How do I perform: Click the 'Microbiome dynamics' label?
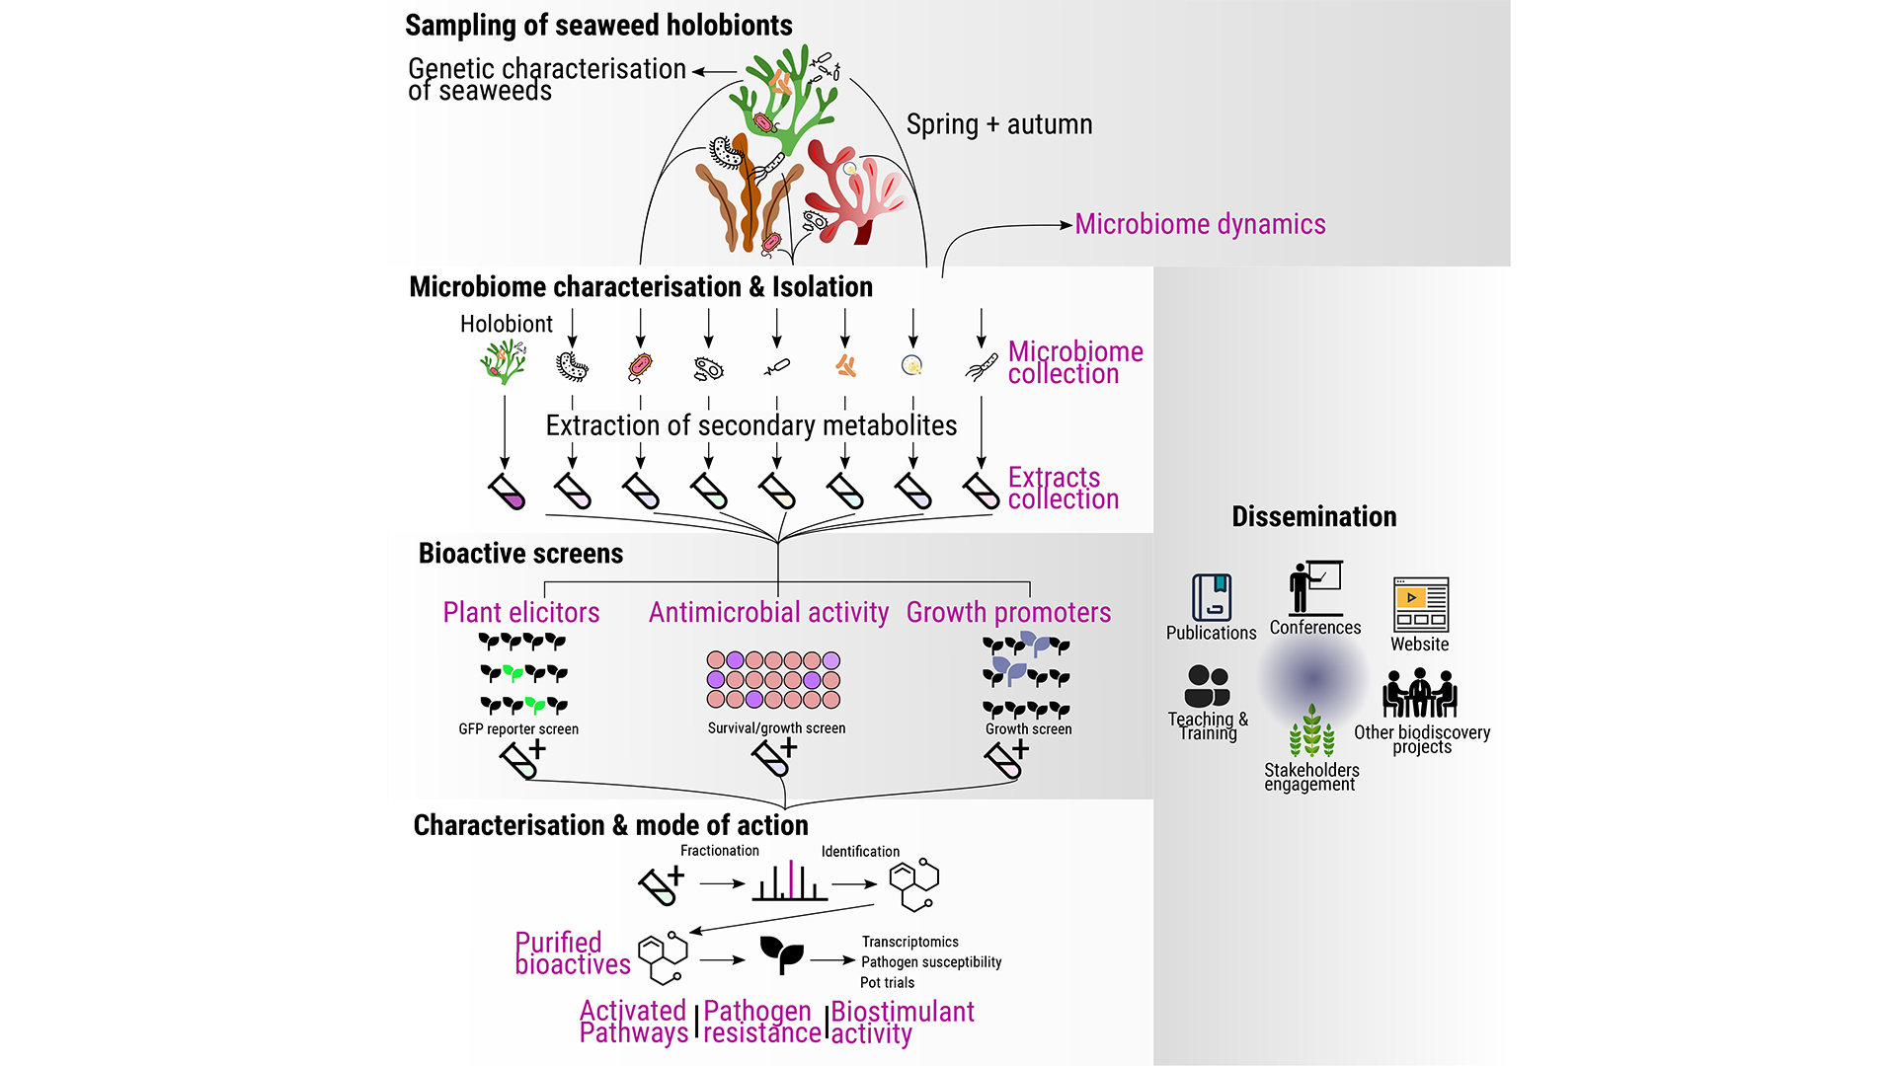1199,225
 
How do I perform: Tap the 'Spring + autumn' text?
998,125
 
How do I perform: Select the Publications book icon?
1212,597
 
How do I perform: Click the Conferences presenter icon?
1314,588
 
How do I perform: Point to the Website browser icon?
1420,604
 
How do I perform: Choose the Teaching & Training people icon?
1207,685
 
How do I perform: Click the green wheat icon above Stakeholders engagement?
1311,731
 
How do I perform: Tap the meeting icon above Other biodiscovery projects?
1420,693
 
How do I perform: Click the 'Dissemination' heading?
1313,517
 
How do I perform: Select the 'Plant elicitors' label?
520,613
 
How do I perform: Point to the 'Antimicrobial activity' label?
768,613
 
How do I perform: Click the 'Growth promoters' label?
1008,613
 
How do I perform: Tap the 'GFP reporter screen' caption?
518,729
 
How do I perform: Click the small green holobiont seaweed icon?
504,362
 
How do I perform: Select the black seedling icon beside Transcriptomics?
781,954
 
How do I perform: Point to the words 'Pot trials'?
887,983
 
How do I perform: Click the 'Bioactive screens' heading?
520,554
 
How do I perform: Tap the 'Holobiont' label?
506,325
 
